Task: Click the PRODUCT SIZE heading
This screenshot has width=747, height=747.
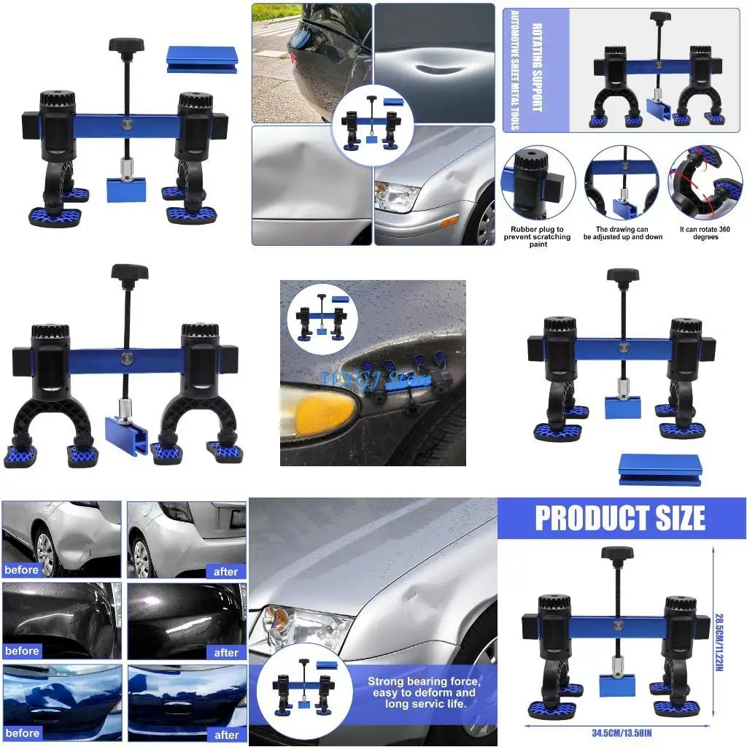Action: pyautogui.click(x=620, y=518)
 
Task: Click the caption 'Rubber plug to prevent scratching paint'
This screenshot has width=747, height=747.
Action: pyautogui.click(x=538, y=236)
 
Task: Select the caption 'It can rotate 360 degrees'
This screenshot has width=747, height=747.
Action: pyautogui.click(x=705, y=233)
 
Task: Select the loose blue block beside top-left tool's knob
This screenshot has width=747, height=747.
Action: pyautogui.click(x=202, y=60)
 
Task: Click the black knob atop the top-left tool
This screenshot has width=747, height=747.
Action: pyautogui.click(x=127, y=44)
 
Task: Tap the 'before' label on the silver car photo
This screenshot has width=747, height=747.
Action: pyautogui.click(x=22, y=570)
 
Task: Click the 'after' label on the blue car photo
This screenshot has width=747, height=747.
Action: pyautogui.click(x=225, y=733)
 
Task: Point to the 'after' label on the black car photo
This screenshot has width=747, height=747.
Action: pyautogui.click(x=225, y=652)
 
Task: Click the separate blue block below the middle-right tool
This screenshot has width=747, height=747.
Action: pyautogui.click(x=660, y=469)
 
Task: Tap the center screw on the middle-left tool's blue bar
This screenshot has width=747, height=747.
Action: pyautogui.click(x=128, y=358)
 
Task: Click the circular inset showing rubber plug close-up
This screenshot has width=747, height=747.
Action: pyautogui.click(x=538, y=182)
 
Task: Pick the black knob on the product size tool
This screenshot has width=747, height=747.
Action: pyautogui.click(x=617, y=552)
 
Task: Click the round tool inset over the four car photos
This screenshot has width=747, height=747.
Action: pyautogui.click(x=372, y=123)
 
